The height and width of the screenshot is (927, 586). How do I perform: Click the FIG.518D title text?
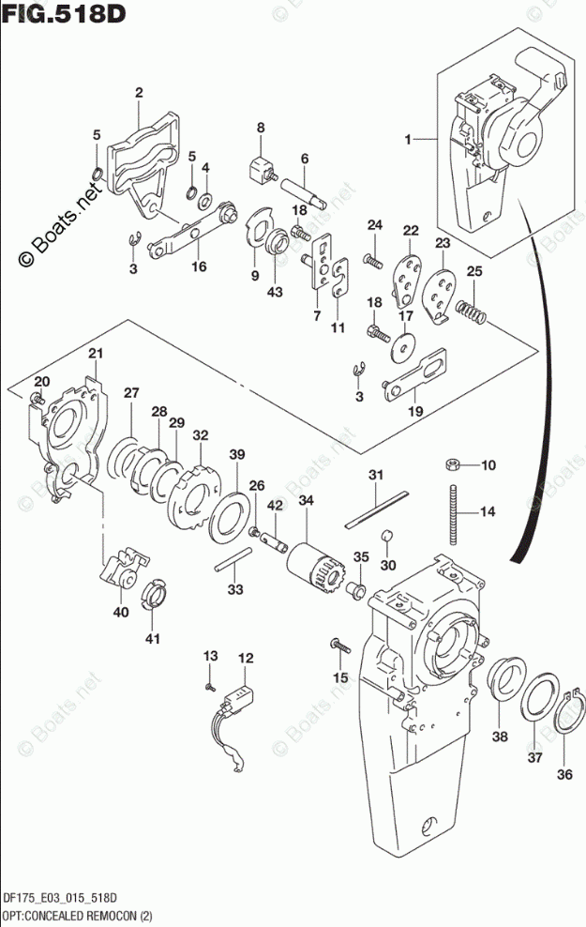point(64,13)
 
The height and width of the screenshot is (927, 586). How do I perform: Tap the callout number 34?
point(306,501)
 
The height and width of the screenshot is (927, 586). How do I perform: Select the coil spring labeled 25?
point(472,312)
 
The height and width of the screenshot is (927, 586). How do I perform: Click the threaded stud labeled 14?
point(455,514)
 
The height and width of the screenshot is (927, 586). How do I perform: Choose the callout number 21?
point(96,354)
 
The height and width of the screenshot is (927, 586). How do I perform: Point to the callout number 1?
point(408,140)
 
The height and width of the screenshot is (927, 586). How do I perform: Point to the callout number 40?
point(121,613)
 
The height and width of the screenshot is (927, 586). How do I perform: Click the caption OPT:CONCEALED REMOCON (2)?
point(77,917)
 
